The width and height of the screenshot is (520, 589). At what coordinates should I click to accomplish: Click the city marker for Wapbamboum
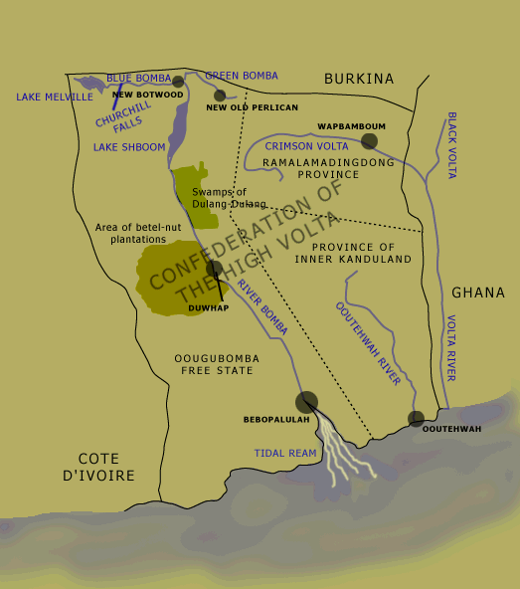pyautogui.click(x=370, y=141)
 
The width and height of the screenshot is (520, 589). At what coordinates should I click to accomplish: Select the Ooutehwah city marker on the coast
pyautogui.click(x=416, y=419)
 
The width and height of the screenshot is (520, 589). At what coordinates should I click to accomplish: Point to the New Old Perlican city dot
pyautogui.click(x=220, y=97)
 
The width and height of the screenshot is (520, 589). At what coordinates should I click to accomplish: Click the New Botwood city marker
pyautogui.click(x=178, y=82)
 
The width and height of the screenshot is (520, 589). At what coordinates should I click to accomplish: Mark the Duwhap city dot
pyautogui.click(x=214, y=268)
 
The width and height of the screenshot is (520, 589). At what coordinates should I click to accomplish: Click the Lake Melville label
pyautogui.click(x=55, y=97)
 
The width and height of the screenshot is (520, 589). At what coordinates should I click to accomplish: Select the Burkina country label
pyautogui.click(x=359, y=79)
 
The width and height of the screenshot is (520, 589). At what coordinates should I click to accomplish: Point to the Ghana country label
pyautogui.click(x=478, y=293)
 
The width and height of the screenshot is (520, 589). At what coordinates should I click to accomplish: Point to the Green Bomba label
pyautogui.click(x=242, y=76)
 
